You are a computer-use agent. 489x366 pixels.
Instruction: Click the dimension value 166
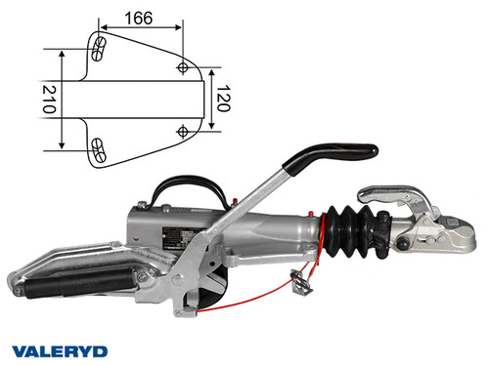tap(141, 17)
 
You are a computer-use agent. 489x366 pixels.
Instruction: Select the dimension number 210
tap(47, 98)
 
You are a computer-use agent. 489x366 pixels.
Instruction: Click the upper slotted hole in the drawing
tap(98, 48)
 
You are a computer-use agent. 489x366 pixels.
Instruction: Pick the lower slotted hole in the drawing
tap(98, 148)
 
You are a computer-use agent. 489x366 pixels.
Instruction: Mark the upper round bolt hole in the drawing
tap(183, 66)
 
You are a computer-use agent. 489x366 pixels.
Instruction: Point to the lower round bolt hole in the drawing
tap(183, 130)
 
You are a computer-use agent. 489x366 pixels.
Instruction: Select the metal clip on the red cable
tap(301, 282)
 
